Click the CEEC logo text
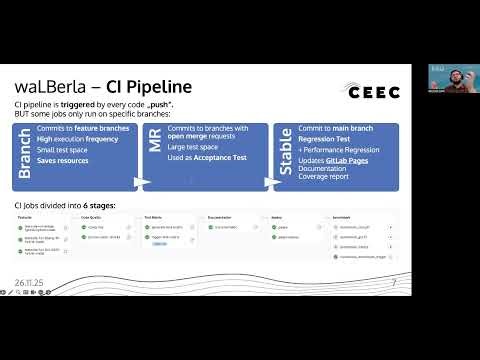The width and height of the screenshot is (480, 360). [x=373, y=92]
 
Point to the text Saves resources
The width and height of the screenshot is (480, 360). [x=63, y=160]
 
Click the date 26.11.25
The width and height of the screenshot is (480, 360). [x=33, y=283]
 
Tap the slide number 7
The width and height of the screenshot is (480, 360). [x=394, y=283]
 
